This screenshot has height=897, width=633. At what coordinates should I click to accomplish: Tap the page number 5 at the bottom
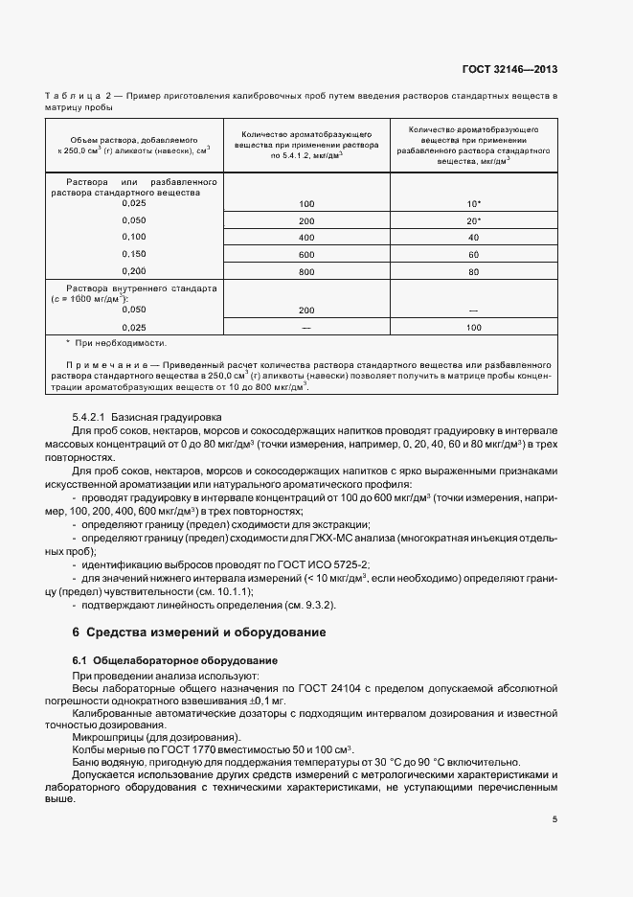click(x=554, y=819)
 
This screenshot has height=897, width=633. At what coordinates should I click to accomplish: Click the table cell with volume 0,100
click(x=134, y=237)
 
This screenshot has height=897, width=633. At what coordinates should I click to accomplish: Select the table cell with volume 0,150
click(x=134, y=254)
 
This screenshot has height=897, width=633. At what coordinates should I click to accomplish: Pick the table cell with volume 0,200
click(x=134, y=271)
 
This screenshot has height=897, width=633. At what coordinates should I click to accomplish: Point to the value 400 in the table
click(x=306, y=237)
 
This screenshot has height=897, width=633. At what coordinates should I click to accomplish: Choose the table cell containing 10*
click(x=473, y=204)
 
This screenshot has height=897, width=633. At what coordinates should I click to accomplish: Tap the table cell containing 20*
click(x=473, y=220)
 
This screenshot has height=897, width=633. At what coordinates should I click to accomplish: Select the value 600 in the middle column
click(x=306, y=254)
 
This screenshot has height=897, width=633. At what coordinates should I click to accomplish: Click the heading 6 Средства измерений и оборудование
click(x=199, y=632)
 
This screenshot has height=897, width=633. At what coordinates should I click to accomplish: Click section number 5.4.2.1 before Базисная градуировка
click(x=90, y=419)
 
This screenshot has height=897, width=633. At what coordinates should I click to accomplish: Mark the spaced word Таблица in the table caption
click(x=72, y=98)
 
